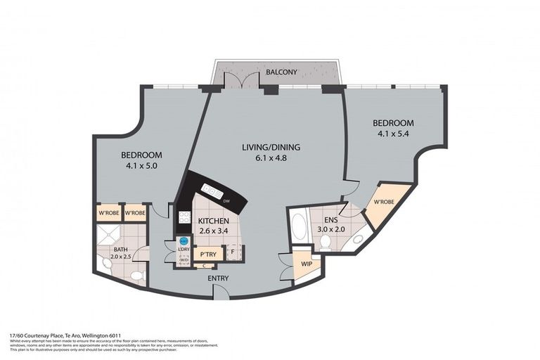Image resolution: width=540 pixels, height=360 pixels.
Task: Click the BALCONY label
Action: (x=281, y=72)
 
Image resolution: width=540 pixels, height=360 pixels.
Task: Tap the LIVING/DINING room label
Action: (x=271, y=147)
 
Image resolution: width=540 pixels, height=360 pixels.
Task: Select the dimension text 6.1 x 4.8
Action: (x=271, y=158)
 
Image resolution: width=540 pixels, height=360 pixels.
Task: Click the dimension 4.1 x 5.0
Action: (x=141, y=167)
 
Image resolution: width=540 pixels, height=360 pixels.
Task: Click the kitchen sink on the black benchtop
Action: (x=212, y=191)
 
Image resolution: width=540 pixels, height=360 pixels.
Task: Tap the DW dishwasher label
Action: (x=226, y=202)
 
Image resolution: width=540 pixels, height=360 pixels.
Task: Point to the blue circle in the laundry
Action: (x=184, y=240)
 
